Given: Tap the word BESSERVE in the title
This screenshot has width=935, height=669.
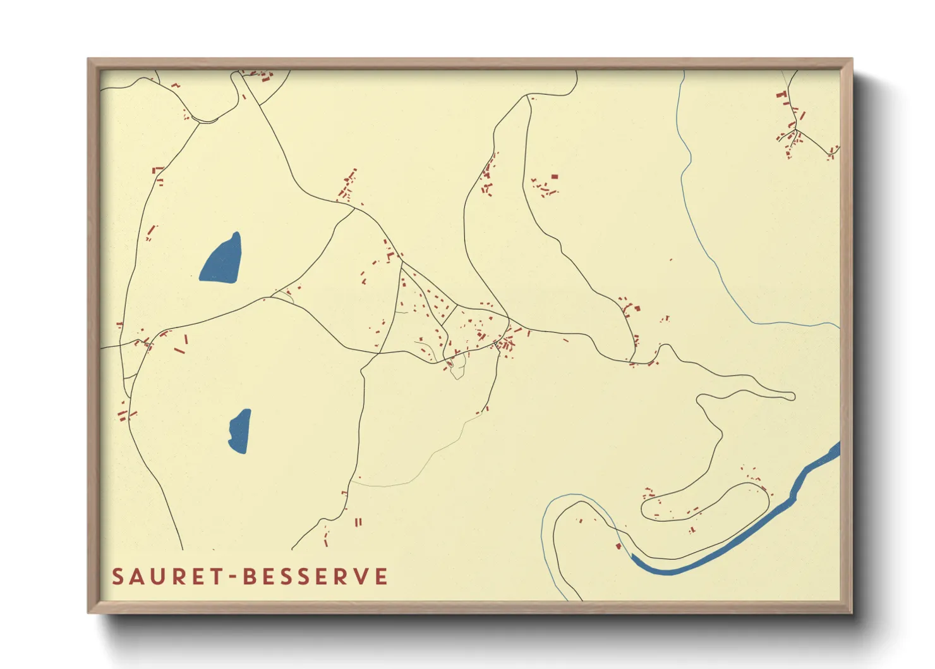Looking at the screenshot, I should tap(315, 577).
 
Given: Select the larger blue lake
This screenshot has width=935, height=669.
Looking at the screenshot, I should tap(221, 259).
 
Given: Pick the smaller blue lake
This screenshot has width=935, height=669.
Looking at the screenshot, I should tap(239, 431).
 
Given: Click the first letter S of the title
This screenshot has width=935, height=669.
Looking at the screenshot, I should tap(118, 577).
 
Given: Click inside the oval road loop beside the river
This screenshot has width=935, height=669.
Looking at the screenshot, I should tap(701, 503).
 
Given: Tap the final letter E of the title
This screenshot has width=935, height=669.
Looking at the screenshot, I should tap(380, 577).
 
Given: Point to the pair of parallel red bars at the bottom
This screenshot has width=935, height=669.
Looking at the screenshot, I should tap(358, 522).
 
